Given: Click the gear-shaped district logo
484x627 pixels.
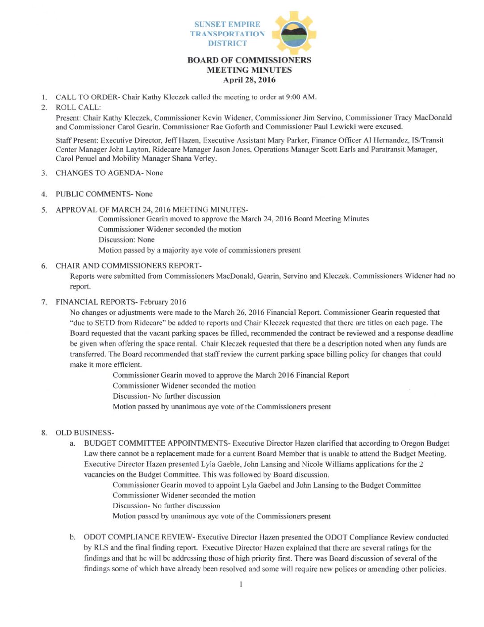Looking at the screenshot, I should (x=294, y=33).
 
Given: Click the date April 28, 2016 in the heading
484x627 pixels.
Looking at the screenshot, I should (x=249, y=80).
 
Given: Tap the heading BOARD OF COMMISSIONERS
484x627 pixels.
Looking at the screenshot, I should (x=249, y=60).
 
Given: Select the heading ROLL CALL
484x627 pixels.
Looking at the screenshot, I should (x=78, y=108).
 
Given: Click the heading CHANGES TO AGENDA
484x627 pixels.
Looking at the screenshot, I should (x=98, y=173).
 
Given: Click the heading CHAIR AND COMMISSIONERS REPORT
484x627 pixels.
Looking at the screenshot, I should (x=127, y=266).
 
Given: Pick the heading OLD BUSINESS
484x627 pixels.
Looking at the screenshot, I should (x=83, y=433).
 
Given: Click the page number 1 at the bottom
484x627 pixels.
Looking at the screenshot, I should (x=241, y=584).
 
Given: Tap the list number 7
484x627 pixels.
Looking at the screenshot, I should (x=44, y=302).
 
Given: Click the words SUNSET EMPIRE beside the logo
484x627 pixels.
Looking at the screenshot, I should (x=227, y=25).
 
